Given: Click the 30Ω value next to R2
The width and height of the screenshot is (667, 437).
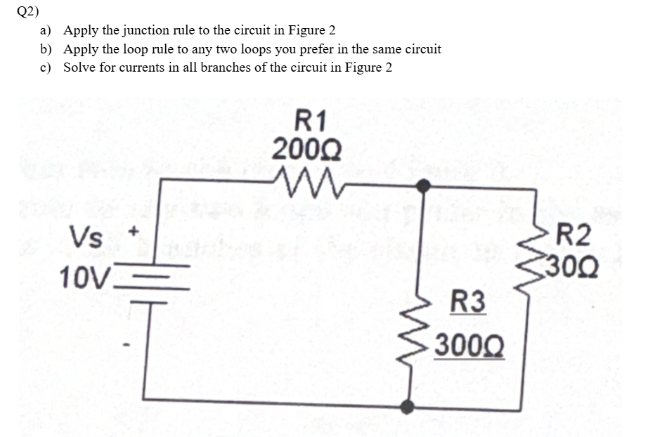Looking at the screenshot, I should tap(574, 267).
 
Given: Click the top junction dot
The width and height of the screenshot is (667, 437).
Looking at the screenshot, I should tap(423, 185).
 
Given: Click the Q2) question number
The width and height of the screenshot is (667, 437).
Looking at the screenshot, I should tap(22, 11).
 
